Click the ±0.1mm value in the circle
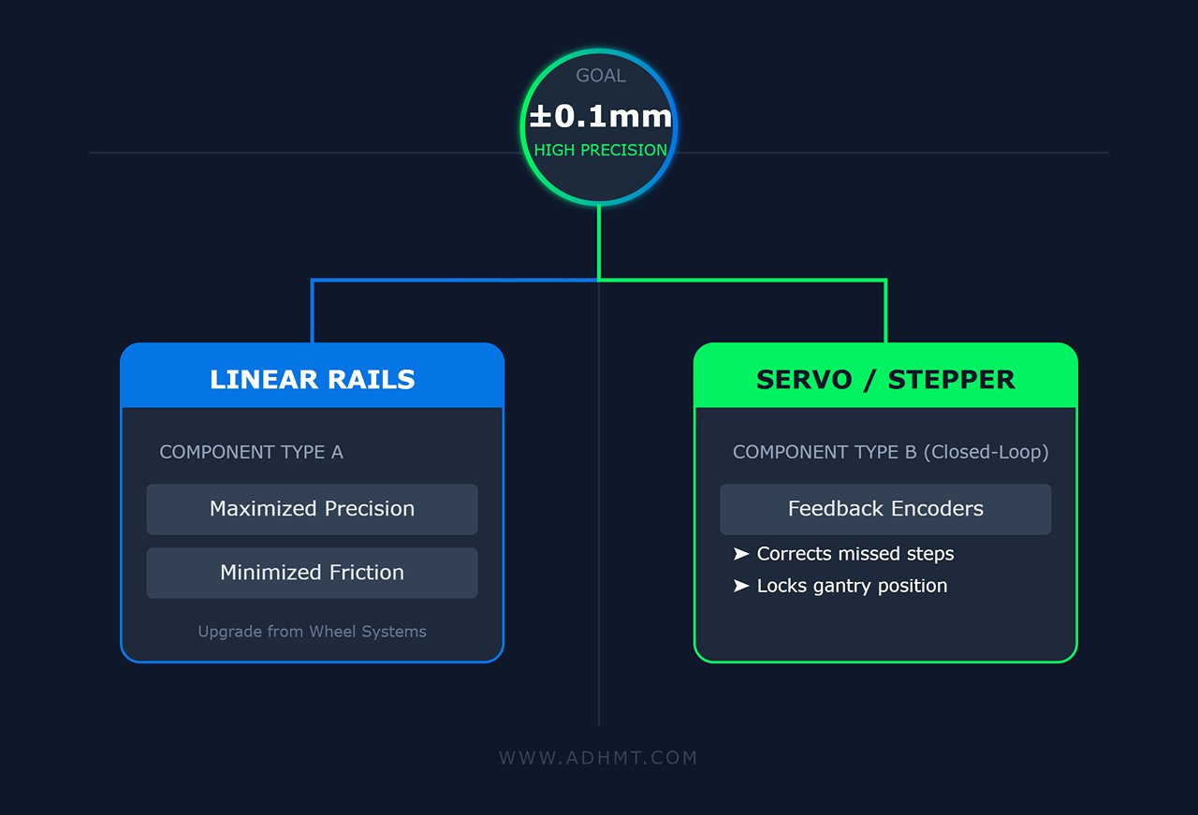coord(600,117)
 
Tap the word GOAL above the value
coord(601,76)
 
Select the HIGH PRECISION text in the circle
coord(601,150)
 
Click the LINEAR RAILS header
coord(313,379)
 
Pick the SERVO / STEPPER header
coord(885,379)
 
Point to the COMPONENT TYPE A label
coord(251,452)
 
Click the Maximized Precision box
coord(312,509)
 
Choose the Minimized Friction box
coord(312,573)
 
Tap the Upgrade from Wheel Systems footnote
coord(312,632)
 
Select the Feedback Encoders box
coord(885,509)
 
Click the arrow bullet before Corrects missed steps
coord(741,554)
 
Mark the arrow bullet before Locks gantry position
coord(741,586)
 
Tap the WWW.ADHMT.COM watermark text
coord(599,758)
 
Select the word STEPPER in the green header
coord(951,379)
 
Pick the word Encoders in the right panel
coord(937,509)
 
